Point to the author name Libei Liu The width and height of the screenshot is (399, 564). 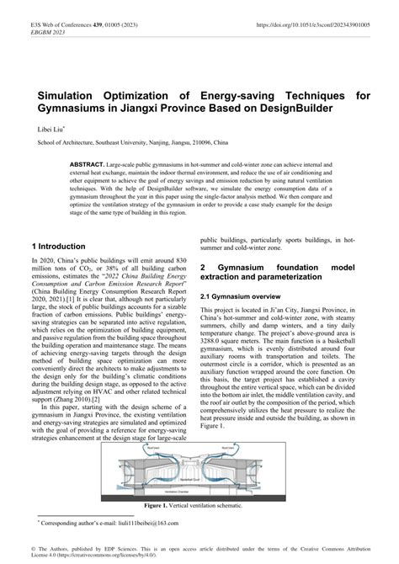pos(45,130)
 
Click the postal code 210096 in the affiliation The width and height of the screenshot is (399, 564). pos(189,144)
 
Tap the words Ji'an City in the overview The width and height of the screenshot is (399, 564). pos(275,311)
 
